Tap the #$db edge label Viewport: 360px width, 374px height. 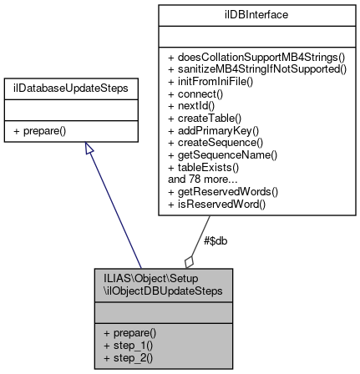215,240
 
